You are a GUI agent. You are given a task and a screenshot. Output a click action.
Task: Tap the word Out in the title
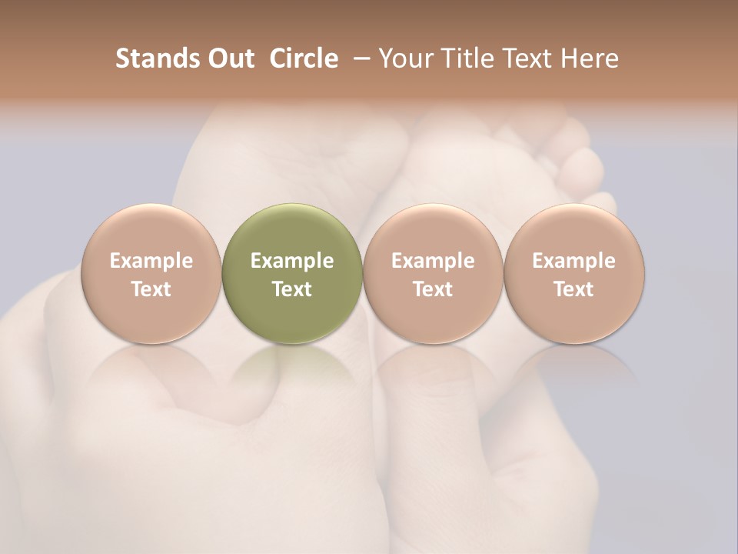228,58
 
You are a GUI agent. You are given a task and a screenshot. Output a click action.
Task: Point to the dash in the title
359,59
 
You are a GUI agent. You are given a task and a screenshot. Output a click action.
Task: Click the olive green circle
292,273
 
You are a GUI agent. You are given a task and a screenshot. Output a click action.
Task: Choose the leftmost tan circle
151,273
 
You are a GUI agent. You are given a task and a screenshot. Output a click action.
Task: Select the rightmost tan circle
574,273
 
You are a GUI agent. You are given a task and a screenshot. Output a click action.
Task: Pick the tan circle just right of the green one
433,273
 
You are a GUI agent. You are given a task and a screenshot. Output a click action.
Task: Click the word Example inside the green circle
292,261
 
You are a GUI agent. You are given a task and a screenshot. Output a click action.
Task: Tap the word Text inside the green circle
292,289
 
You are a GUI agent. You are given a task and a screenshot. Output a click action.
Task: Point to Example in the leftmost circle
151,261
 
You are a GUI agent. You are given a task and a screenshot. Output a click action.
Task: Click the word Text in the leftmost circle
151,289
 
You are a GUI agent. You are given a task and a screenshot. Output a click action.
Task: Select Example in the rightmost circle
574,261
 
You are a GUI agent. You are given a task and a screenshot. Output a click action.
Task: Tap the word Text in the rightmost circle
574,289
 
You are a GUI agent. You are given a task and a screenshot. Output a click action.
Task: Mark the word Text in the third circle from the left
433,289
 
